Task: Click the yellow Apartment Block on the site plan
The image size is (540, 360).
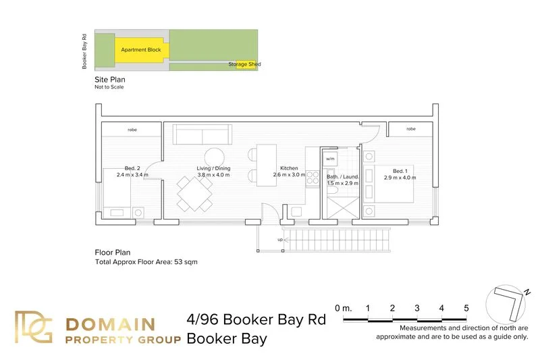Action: pyautogui.click(x=140, y=50)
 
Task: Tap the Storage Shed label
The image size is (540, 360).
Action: pyautogui.click(x=244, y=65)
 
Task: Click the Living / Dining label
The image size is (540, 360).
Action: pyautogui.click(x=213, y=168)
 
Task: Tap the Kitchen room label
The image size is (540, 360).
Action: pyautogui.click(x=289, y=168)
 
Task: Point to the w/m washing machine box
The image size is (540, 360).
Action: pyautogui.click(x=330, y=159)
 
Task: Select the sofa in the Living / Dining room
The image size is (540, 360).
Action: pyautogui.click(x=202, y=134)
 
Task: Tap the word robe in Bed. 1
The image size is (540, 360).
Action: pyautogui.click(x=410, y=128)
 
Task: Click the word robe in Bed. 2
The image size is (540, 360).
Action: pyautogui.click(x=132, y=129)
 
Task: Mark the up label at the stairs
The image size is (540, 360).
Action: pyautogui.click(x=280, y=239)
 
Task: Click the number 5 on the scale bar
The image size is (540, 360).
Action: pyautogui.click(x=466, y=309)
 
